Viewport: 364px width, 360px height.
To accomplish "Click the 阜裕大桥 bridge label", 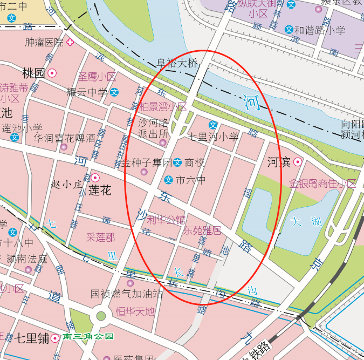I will [177, 63].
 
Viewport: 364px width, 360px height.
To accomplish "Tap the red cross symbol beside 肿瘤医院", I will [70, 42].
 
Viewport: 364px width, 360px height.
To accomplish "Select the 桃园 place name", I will [33, 73].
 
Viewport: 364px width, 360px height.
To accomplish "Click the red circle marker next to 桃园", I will [52, 73].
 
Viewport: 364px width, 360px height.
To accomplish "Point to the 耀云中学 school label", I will [87, 92].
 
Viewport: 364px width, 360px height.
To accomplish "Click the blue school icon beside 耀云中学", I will [114, 92].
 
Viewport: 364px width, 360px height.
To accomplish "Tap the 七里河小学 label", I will [214, 137].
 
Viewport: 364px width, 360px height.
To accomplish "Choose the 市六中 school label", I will [191, 180].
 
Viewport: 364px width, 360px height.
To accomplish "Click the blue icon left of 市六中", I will [168, 180].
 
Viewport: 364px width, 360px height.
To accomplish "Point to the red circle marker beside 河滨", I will [297, 162].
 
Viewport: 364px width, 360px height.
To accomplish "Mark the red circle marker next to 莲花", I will [95, 178].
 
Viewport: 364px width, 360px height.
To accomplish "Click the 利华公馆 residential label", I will [166, 220].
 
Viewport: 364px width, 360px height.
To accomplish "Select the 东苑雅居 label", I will [202, 231].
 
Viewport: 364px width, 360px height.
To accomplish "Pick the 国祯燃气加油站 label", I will [126, 294].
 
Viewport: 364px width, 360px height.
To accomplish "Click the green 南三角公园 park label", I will [88, 337].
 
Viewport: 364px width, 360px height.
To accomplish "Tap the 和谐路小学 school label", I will [319, 30].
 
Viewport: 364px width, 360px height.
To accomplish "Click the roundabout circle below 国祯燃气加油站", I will [101, 316].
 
